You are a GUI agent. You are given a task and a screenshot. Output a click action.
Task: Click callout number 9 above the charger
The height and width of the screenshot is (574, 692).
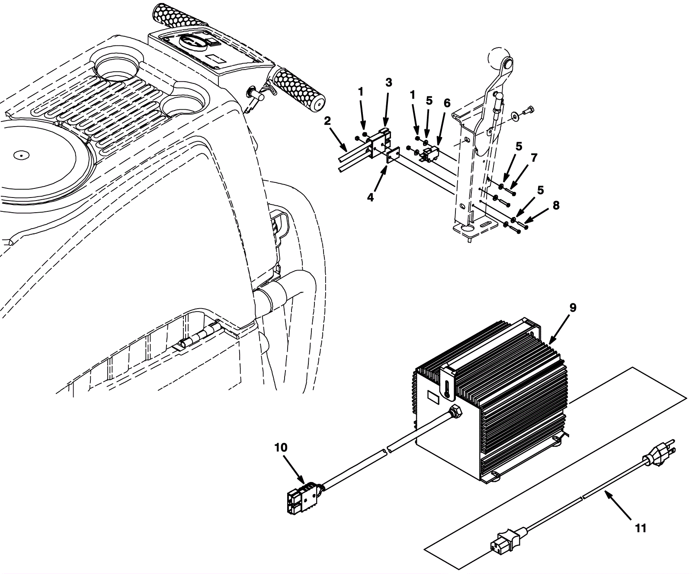click(573, 308)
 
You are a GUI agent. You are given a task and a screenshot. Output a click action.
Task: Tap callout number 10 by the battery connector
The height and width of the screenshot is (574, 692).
click(281, 448)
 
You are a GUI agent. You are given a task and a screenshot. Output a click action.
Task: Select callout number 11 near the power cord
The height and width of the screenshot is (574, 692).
click(641, 528)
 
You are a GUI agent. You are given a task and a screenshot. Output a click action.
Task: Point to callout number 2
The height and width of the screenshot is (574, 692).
click(327, 121)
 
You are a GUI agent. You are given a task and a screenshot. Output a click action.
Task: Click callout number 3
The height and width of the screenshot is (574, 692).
click(388, 83)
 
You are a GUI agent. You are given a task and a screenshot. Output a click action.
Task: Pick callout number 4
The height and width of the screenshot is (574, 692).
click(370, 197)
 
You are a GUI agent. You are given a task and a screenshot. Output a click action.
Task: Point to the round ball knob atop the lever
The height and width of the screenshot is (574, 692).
click(500, 57)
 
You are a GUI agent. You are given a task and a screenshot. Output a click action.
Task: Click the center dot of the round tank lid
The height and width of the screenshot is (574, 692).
click(20, 154)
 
